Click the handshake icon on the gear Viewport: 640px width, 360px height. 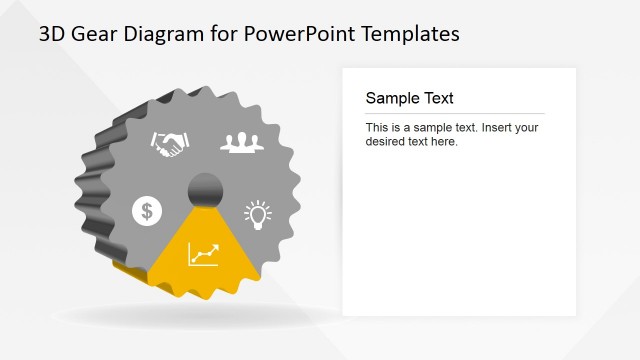[169, 144]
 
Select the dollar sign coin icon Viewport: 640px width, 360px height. [147, 210]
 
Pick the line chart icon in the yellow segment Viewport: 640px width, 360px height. [203, 254]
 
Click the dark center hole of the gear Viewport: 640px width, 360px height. [206, 188]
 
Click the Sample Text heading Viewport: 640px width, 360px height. [409, 98]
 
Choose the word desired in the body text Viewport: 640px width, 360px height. [388, 142]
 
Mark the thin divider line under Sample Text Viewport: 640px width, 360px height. [455, 113]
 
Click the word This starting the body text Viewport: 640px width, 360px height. [377, 128]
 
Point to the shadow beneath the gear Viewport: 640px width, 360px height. [200, 316]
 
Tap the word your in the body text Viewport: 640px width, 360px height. [526, 128]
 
